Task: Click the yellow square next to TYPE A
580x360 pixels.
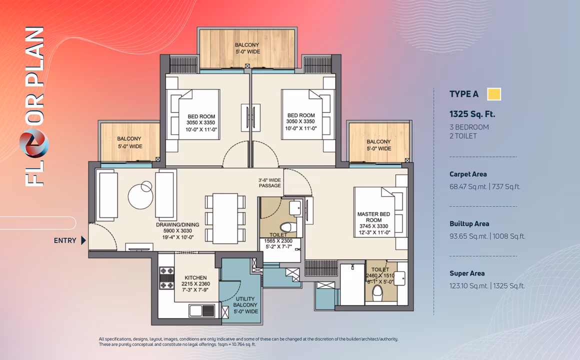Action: (494, 94)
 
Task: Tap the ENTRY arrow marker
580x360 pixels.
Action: (83, 240)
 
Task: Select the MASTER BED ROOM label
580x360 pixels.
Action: (373, 217)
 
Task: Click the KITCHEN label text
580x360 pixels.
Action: (195, 277)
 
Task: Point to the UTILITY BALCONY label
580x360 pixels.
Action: (245, 302)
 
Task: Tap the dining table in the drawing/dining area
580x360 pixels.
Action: (225, 218)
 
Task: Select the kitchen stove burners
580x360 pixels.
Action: (166, 278)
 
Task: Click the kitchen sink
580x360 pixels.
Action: (202, 310)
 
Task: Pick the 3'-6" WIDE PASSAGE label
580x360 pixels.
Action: (269, 183)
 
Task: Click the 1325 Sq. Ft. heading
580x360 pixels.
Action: (472, 114)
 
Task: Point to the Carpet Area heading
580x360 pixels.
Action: (468, 174)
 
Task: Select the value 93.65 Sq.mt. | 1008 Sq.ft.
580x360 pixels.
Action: (487, 236)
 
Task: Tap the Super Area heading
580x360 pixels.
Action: (467, 273)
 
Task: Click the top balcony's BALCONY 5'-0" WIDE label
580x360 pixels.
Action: (247, 48)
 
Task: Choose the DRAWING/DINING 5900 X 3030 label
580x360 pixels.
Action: (177, 227)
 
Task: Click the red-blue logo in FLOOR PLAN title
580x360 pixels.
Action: (34, 144)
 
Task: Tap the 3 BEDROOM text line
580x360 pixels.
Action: (469, 127)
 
